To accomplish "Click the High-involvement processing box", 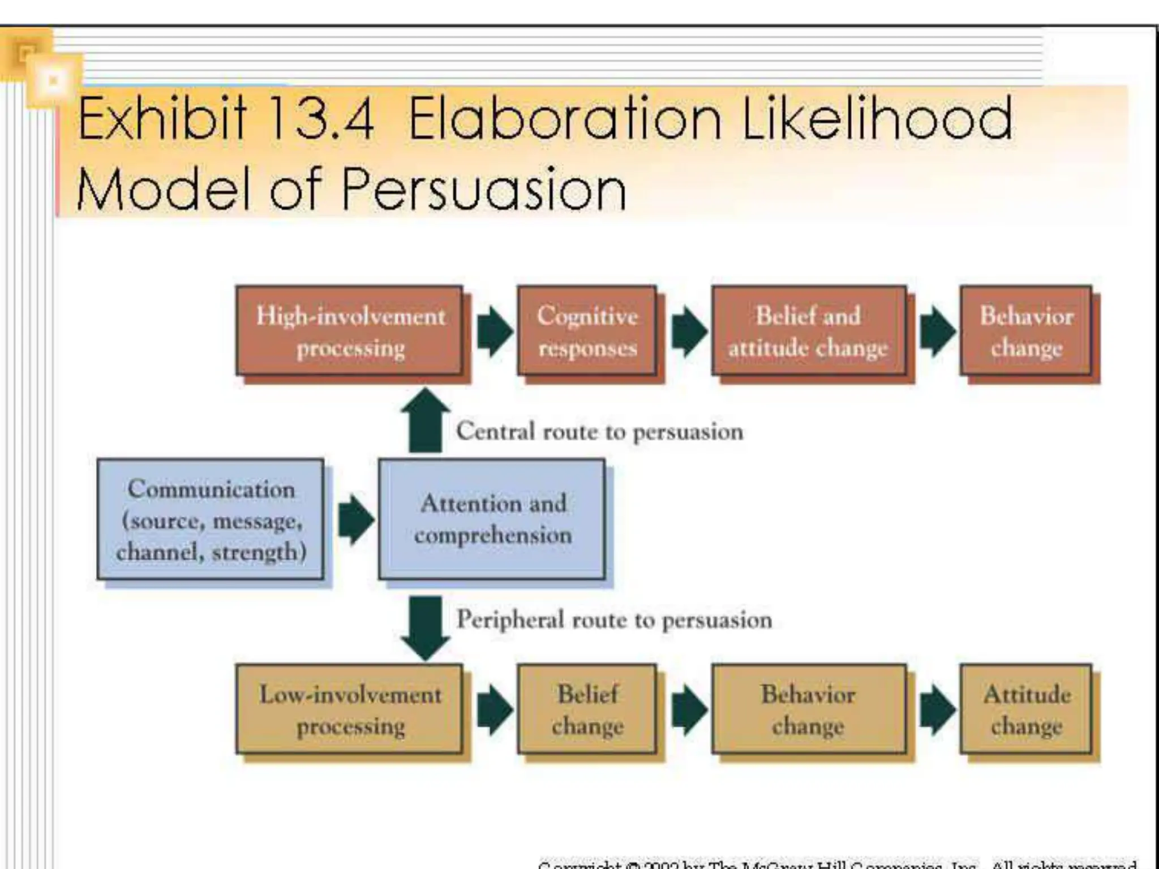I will click(x=350, y=331).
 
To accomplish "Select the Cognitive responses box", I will click(x=587, y=331).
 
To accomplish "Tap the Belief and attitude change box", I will click(x=808, y=331).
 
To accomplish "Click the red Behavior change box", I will click(x=1025, y=331).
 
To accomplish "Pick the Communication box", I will click(x=211, y=519).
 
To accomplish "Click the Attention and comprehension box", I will click(x=492, y=519).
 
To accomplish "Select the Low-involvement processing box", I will click(x=350, y=709).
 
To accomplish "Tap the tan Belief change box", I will click(x=587, y=709).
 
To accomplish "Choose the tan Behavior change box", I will click(x=808, y=709).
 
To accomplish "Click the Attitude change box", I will click(x=1025, y=709).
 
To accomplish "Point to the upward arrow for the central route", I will click(x=425, y=421).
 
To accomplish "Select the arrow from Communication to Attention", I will click(x=355, y=519).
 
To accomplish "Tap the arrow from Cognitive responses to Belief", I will click(x=689, y=332).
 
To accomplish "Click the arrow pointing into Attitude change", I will click(x=937, y=710).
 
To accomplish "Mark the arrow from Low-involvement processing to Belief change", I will click(x=494, y=710).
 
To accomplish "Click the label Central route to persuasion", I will click(x=599, y=432).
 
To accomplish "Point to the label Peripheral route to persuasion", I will click(x=614, y=620).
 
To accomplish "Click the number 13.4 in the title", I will click(x=321, y=119).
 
